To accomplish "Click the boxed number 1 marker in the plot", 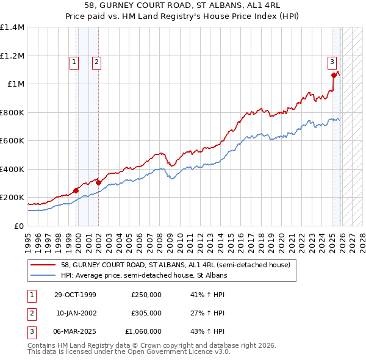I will coord(74,61).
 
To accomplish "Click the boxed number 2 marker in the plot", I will coord(96,61).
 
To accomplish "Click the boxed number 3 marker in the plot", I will coord(331,61).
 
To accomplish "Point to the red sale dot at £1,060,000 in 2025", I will coord(334,76).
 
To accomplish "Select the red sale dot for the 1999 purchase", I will coord(76,190).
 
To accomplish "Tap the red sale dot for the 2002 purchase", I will coord(99,182).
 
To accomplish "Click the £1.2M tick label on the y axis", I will coord(12,56).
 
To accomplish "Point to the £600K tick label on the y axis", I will coord(12,141).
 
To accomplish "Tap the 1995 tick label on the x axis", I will coord(27,238).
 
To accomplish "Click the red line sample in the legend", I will coord(44,265).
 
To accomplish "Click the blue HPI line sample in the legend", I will coord(44,275).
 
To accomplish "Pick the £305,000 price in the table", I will coord(146,313).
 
